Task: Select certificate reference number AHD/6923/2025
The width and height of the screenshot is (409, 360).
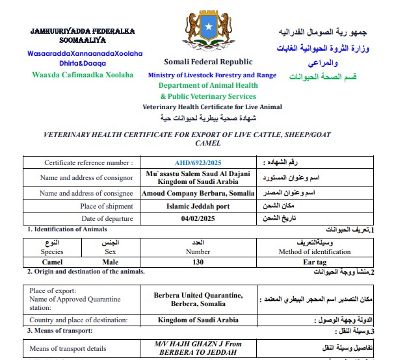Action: (x=198, y=162)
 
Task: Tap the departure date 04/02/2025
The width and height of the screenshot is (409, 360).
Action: (x=198, y=218)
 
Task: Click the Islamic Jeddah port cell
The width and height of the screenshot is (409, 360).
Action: (x=198, y=206)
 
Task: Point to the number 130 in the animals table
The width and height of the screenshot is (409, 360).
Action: (x=198, y=262)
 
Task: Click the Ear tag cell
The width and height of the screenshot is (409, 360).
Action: (x=314, y=262)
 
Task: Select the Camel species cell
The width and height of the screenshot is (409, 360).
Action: (x=52, y=262)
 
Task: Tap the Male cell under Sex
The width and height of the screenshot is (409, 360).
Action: (x=110, y=262)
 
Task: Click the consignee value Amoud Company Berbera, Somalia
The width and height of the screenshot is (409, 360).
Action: (x=198, y=194)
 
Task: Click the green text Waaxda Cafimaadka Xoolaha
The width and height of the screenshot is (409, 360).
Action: (x=83, y=75)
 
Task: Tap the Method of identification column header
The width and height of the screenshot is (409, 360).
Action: (x=315, y=251)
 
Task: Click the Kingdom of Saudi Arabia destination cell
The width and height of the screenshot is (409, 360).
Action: (x=198, y=320)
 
